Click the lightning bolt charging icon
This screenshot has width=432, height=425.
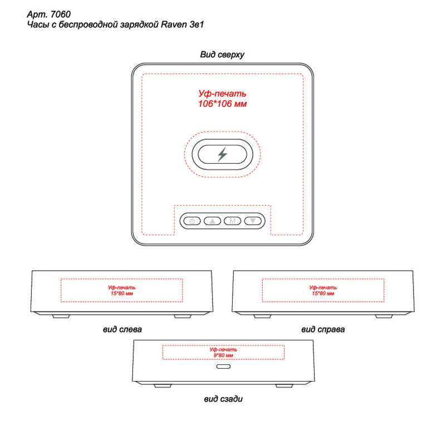[x=222, y=154]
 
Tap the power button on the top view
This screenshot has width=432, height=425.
[x=192, y=221]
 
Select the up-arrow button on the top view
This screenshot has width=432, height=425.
[x=212, y=221]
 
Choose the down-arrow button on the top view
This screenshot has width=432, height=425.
[x=253, y=221]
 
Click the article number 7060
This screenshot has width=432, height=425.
[x=61, y=14]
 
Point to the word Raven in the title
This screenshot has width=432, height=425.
[x=174, y=25]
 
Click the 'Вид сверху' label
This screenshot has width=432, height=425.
[x=222, y=55]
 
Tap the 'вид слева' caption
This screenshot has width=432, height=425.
[x=122, y=329]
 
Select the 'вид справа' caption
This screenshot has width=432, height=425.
[x=323, y=329]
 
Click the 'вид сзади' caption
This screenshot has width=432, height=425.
[x=223, y=399]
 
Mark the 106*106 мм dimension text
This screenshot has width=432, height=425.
[x=222, y=104]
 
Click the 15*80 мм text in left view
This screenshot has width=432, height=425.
[x=121, y=294]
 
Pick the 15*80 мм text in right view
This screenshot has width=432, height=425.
[x=323, y=294]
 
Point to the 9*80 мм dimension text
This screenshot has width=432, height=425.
[x=223, y=355]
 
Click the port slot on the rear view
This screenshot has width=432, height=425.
[x=223, y=367]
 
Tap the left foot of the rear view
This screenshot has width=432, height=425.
[x=163, y=385]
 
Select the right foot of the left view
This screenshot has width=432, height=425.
[x=183, y=316]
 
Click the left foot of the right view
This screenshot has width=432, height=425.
[x=262, y=316]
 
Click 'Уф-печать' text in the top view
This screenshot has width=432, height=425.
[x=222, y=94]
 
